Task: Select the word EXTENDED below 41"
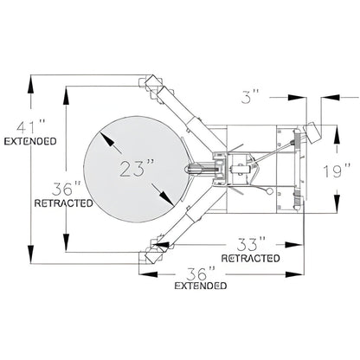click(x=31, y=140)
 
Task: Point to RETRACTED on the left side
click(x=61, y=204)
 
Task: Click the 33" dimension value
click(x=248, y=243)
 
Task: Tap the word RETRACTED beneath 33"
click(x=250, y=258)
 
